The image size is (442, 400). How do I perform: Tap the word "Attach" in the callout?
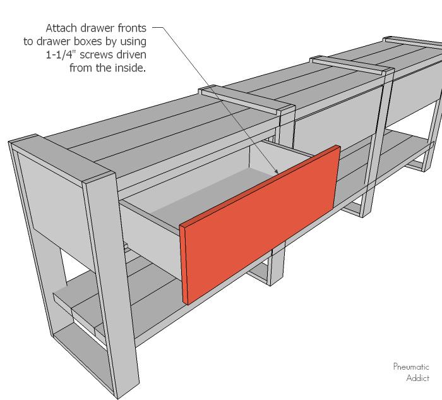[x=61, y=28]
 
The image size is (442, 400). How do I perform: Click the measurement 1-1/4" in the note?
[x=61, y=54]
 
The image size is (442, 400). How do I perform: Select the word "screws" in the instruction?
[x=96, y=55]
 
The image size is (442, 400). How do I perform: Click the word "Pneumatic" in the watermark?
[x=411, y=367]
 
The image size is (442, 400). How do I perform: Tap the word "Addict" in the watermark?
[x=418, y=378]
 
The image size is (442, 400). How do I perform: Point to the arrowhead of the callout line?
[x=277, y=171]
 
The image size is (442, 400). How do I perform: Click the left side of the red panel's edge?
[x=184, y=265]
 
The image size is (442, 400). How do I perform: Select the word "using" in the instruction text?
[x=133, y=42]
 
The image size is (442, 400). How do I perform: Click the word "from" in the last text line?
[x=81, y=68]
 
